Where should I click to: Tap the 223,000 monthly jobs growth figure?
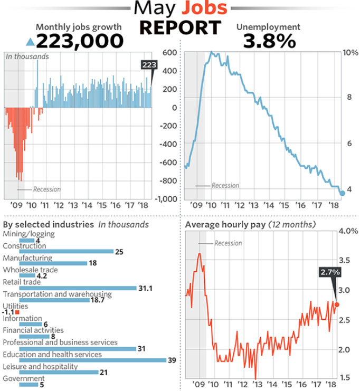coord(80,41)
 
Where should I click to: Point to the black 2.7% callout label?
coord(329,272)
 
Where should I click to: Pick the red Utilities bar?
coord(17,312)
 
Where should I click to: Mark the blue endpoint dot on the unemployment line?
coord(342,193)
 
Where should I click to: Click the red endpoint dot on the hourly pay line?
coord(337,305)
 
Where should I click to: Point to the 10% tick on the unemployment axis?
coord(351,53)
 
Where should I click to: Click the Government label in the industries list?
coord(24,378)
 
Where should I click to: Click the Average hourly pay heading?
coord(226,225)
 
